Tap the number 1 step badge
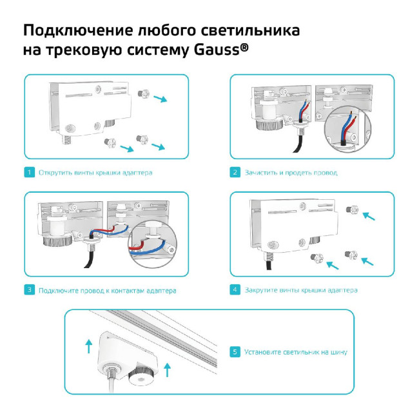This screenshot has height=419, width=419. pos(29,173)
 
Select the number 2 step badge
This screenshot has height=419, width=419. pos(235,173)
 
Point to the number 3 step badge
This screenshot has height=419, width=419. pos(29,290)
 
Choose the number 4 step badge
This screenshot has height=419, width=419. pos(235,290)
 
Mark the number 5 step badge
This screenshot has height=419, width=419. pos(235,352)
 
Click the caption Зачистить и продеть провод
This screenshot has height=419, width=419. pos(291,173)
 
